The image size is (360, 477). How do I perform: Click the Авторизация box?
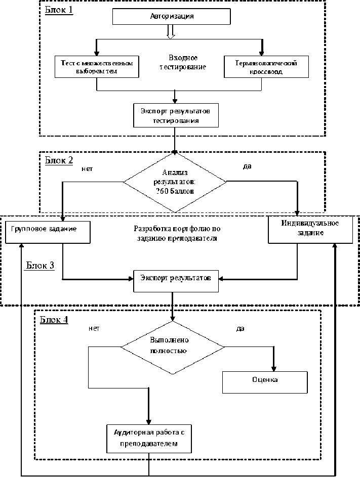pos(172,16)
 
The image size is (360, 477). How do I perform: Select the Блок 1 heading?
pos(59,10)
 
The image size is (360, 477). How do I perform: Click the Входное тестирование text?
pos(183,63)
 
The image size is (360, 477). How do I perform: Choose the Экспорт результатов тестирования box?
pos(176,115)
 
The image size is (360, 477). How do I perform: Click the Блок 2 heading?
pos(59,160)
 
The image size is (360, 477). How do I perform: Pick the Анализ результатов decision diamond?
pos(175,182)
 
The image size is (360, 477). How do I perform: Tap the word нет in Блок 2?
pos(87,168)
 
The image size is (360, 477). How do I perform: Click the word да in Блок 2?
pos(247,166)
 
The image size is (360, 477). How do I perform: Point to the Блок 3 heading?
pos(41,266)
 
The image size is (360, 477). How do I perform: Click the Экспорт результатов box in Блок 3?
pos(176,280)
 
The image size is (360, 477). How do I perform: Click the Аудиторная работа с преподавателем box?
pos(149,438)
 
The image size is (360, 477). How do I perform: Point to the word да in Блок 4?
pos(240,328)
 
